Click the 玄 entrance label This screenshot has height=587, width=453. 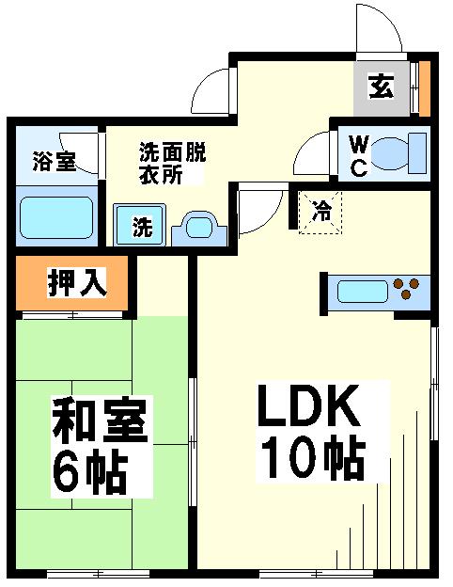click(382, 87)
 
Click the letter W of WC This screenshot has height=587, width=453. click(359, 144)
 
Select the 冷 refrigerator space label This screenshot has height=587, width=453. click(322, 211)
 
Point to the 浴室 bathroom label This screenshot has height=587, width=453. click(54, 161)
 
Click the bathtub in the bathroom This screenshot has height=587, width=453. click(56, 217)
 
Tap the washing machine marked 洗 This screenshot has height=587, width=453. click(139, 225)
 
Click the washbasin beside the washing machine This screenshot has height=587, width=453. click(199, 229)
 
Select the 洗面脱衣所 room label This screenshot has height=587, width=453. click(172, 164)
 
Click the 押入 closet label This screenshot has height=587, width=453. click(77, 282)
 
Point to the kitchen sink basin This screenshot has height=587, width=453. click(363, 292)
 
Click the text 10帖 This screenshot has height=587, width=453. click(313, 457)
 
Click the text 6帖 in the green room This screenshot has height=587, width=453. click(90, 471)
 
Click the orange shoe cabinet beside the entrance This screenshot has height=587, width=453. click(425, 88)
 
